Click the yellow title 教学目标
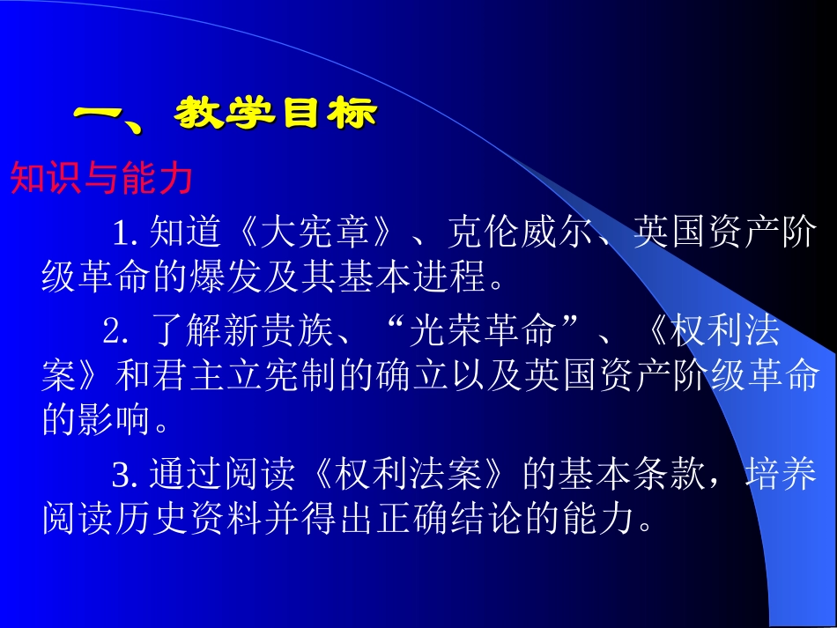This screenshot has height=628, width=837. click(277, 115)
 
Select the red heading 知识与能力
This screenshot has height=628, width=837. click(101, 179)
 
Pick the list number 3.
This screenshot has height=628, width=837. click(122, 476)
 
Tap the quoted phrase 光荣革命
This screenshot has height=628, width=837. click(482, 331)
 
